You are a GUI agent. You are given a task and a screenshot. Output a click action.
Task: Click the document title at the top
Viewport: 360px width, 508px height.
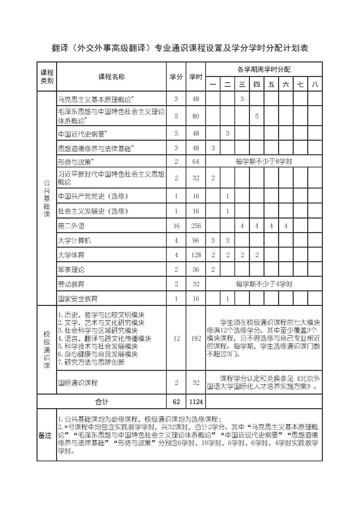(x=180, y=48)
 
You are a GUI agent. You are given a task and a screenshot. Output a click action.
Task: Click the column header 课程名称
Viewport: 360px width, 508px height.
(x=111, y=77)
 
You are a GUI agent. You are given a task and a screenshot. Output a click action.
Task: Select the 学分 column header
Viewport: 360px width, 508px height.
(x=176, y=77)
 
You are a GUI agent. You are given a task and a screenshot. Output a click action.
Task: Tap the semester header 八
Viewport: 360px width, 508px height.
(x=315, y=84)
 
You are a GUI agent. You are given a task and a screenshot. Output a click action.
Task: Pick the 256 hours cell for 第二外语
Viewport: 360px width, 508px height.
(x=196, y=226)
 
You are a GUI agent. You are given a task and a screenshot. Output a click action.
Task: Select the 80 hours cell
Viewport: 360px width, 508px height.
(x=196, y=116)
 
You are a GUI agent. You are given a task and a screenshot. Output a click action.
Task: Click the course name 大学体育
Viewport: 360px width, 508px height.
(x=71, y=255)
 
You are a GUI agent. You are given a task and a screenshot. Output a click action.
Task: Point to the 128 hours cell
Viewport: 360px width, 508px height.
(x=196, y=255)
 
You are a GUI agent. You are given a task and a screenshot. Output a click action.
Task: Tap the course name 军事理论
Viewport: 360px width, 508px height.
(x=71, y=270)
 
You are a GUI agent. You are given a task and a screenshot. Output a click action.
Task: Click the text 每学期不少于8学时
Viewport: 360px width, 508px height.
(x=264, y=162)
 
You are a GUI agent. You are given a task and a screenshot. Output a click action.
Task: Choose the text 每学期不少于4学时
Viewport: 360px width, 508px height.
(x=264, y=284)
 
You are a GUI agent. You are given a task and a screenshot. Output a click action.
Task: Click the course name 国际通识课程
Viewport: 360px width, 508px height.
(x=78, y=383)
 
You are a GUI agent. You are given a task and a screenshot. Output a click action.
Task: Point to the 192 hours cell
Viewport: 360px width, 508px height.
(x=196, y=338)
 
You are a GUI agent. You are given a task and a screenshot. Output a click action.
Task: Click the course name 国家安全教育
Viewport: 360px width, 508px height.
(x=78, y=299)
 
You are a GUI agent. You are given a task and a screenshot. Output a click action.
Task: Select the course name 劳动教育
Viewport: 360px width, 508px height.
(x=71, y=284)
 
